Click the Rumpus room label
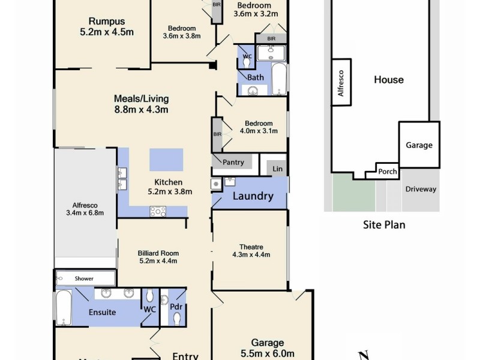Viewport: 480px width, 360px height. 101,27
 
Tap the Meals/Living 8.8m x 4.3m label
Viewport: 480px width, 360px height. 142,104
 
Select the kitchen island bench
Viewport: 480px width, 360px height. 166,161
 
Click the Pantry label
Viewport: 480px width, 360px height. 233,162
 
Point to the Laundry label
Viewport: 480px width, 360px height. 253,196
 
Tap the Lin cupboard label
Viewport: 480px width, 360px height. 277,169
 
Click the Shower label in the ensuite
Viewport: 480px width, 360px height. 84,278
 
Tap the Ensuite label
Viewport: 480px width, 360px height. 103,313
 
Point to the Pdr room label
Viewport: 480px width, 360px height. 176,307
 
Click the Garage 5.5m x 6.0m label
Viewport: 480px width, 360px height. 268,348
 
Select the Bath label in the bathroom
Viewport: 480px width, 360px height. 256,77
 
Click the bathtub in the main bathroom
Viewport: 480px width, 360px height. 279,79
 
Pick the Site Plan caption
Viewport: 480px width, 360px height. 385,226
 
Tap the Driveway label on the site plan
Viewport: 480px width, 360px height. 421,189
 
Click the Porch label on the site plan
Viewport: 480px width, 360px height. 387,172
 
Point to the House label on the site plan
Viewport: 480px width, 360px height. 389,80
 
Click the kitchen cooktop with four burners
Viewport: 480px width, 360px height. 158,211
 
